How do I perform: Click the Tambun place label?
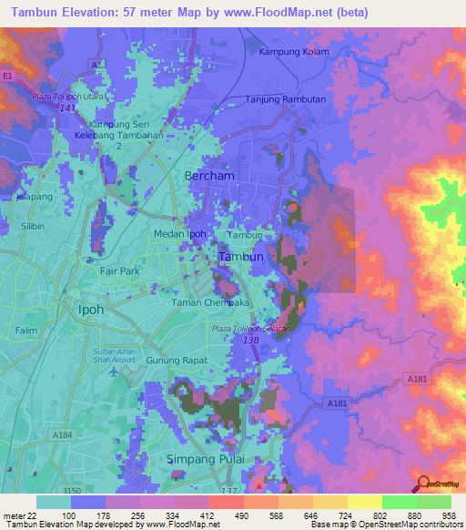tap(241, 257)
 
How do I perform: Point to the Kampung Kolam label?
tap(293, 52)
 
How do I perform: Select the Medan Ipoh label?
tap(179, 234)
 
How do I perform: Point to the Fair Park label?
tap(120, 270)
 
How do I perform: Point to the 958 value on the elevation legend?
tap(446, 516)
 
